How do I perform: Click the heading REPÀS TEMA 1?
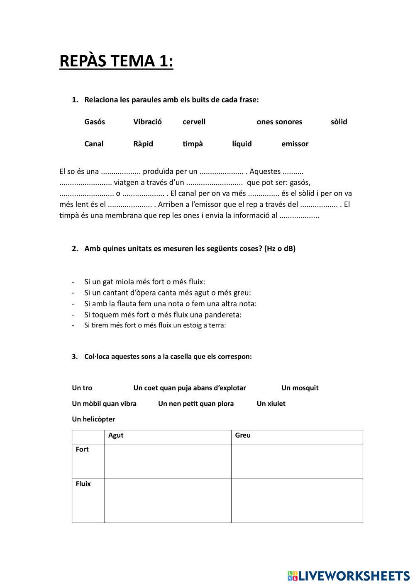click(116, 61)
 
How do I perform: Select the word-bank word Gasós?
click(95, 122)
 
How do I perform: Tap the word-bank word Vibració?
click(147, 122)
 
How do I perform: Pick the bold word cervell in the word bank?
click(194, 122)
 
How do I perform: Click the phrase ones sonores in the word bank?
click(279, 122)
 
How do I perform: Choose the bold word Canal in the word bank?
click(94, 144)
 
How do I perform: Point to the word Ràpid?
click(143, 144)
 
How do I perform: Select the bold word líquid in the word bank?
click(242, 144)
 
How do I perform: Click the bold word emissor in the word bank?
click(295, 144)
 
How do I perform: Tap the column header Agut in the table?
click(116, 435)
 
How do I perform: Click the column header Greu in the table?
click(243, 435)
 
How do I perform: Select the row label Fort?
click(82, 449)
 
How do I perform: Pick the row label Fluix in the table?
click(83, 484)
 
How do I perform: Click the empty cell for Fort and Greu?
click(297, 461)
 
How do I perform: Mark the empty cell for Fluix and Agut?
click(168, 501)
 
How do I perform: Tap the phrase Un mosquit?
click(300, 388)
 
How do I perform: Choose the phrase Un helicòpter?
click(93, 419)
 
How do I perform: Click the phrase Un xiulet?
click(271, 404)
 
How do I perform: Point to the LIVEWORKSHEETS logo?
click(349, 576)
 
